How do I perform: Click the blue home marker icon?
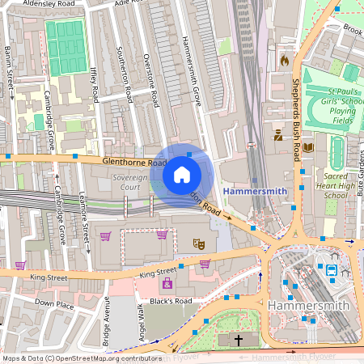point(182,175)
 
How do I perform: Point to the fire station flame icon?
point(284,60)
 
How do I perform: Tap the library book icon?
point(307,147)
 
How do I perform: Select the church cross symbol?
point(239,341)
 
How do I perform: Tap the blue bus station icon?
point(332,270)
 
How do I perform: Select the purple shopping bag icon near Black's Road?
point(167,284)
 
